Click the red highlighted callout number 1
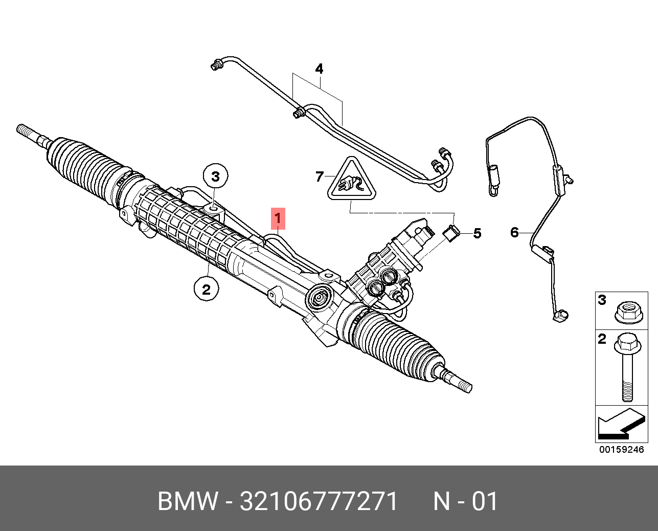pos(278,219)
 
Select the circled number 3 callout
pos(215,177)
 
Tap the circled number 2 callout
pos(206,290)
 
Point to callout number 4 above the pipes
pos(319,69)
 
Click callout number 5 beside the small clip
pos(477,234)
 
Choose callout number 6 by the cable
pos(514,232)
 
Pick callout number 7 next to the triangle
pos(320,176)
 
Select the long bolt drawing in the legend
pos(627,366)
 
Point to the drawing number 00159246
pos(621,450)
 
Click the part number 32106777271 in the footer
pos(319,502)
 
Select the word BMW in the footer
pos(187,502)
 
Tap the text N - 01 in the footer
pos(465,502)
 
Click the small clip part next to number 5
pos(450,232)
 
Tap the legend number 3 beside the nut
pos(602,300)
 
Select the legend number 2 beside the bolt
pos(602,339)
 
